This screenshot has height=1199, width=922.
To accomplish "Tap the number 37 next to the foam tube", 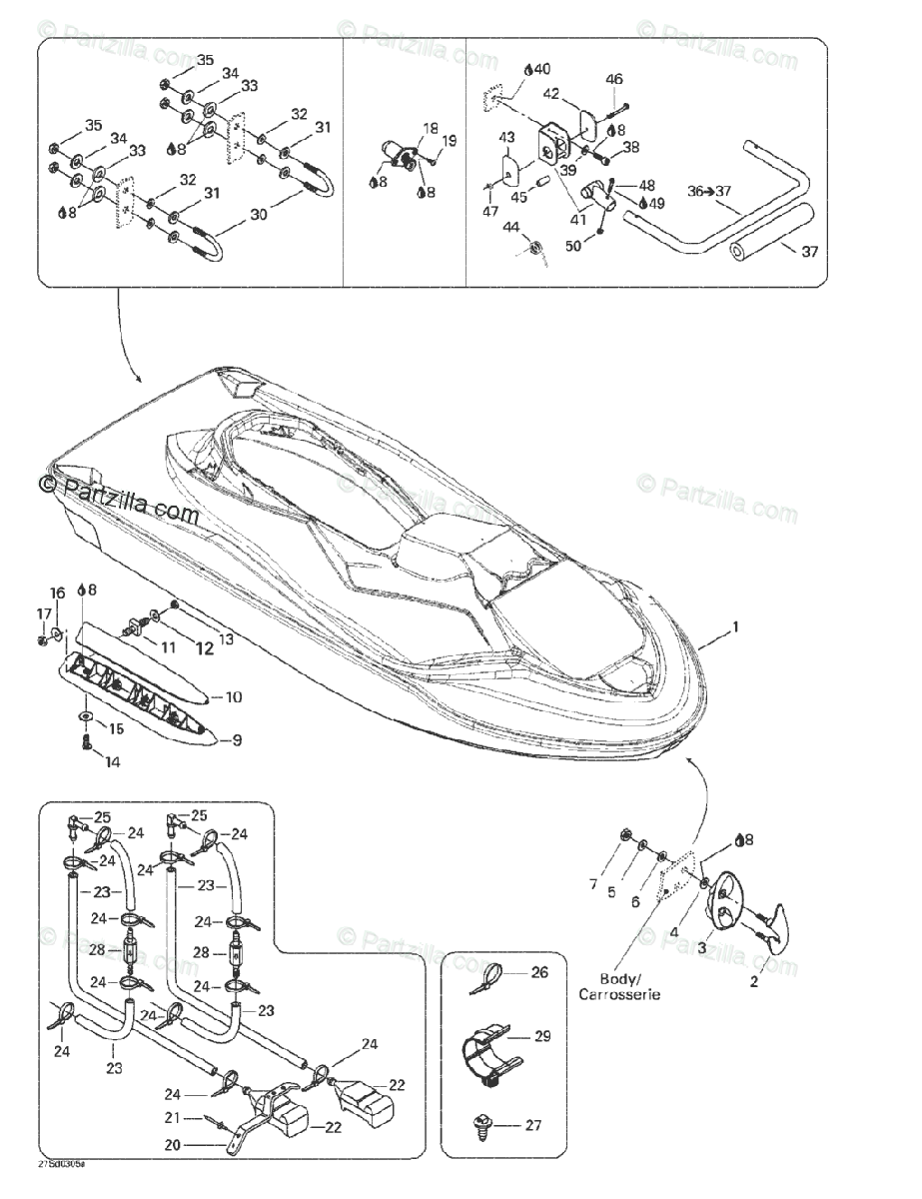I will point(809,252).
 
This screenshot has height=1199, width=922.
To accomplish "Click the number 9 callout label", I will point(237,740).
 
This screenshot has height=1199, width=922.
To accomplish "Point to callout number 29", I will point(542,1036).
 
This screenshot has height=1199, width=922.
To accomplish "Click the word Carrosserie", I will point(619,995).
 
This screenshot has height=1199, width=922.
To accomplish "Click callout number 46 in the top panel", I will point(614,79).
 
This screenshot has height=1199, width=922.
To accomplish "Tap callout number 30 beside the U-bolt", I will point(259,215).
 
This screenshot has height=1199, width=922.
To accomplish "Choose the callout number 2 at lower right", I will point(754,981).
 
